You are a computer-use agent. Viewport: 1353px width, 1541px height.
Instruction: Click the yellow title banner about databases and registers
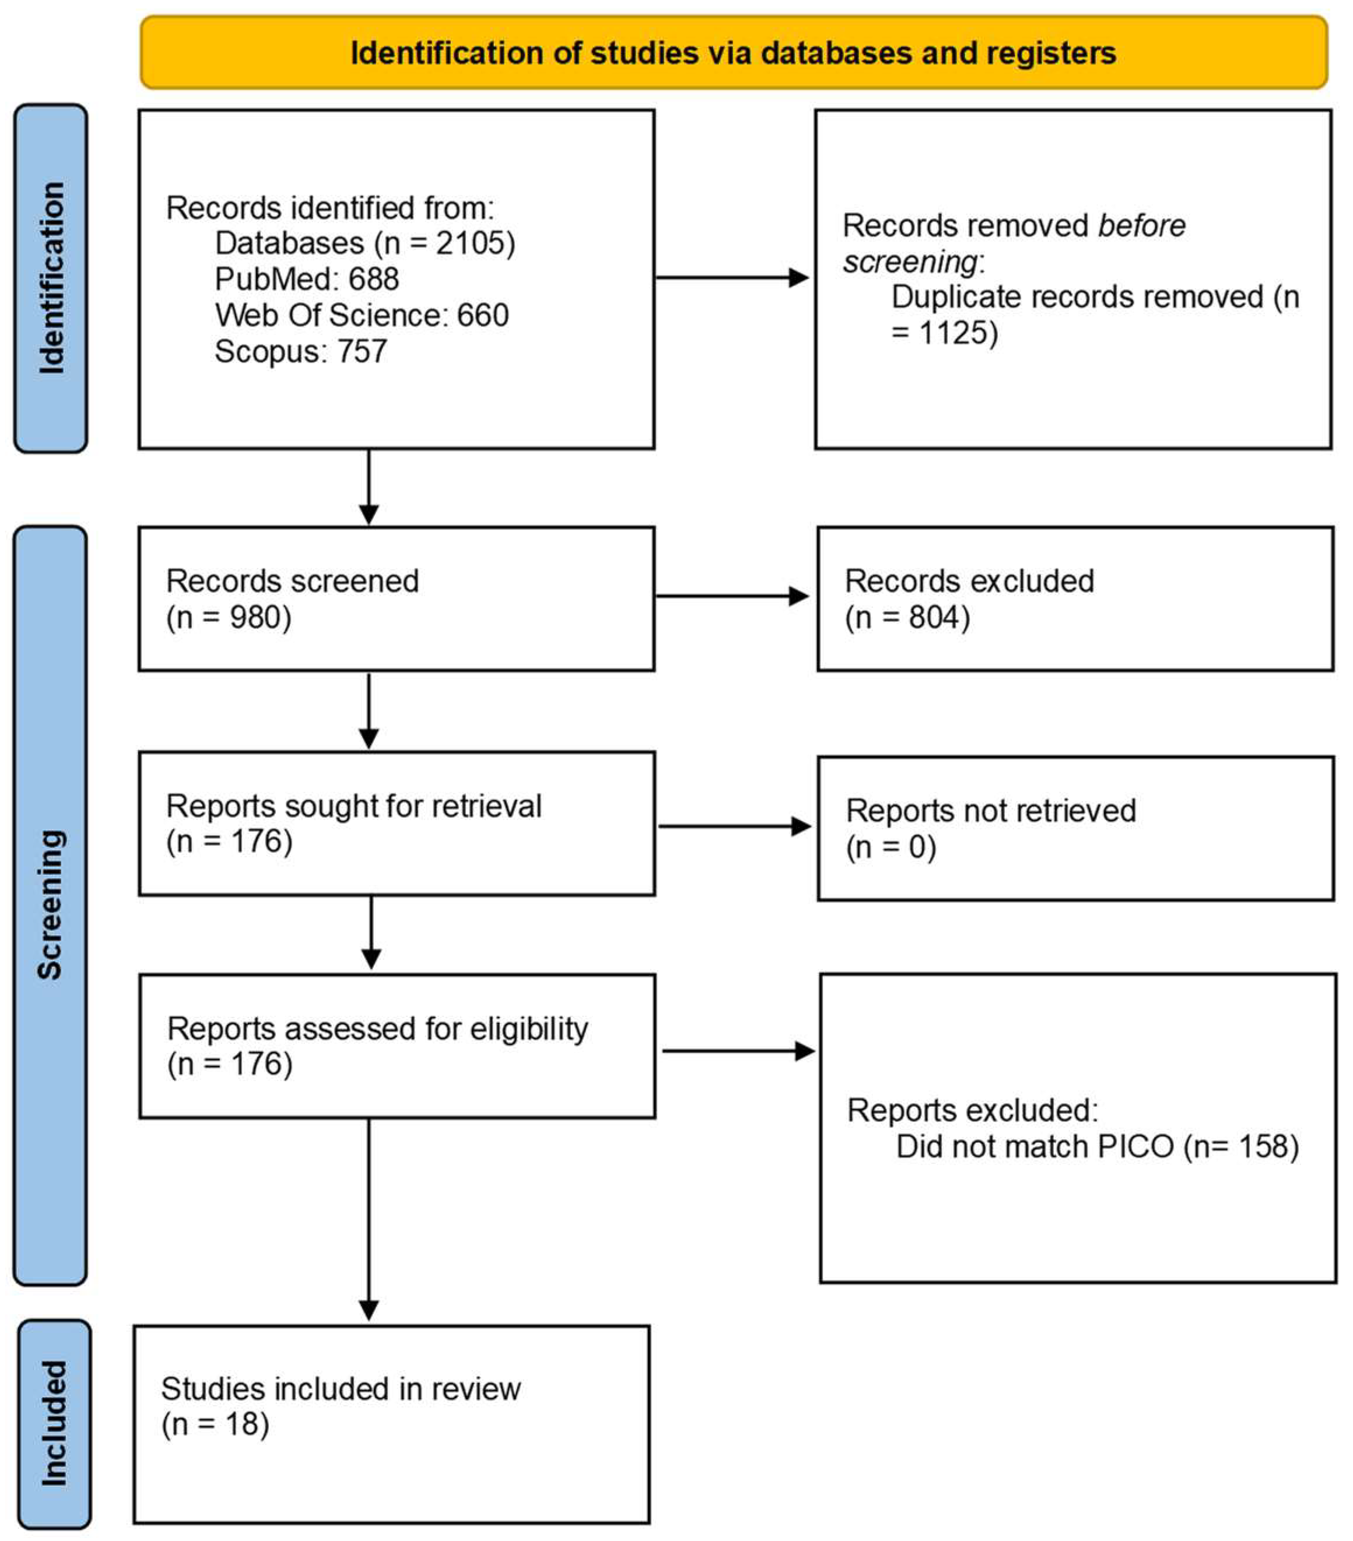coord(733,53)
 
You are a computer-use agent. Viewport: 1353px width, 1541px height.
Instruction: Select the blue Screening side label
coord(51,905)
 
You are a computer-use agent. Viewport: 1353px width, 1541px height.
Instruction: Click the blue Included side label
coord(54,1424)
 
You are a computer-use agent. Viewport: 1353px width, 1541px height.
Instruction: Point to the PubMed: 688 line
coord(306,279)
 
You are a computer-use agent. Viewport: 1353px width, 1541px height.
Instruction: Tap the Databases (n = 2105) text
coord(364,243)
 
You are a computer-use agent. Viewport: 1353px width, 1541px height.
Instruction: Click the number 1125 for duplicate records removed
coord(956,332)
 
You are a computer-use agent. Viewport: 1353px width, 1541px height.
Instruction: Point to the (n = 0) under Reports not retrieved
coord(891,847)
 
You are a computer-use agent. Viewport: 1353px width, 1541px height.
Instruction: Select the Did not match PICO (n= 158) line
coord(1096,1146)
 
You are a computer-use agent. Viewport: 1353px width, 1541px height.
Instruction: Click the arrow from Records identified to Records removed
coord(731,277)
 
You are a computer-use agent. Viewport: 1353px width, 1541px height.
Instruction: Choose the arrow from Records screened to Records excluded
coord(731,596)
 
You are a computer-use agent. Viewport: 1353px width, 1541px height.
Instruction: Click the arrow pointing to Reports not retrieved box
coord(733,826)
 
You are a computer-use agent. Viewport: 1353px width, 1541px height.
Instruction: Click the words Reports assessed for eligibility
coord(377,1028)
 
